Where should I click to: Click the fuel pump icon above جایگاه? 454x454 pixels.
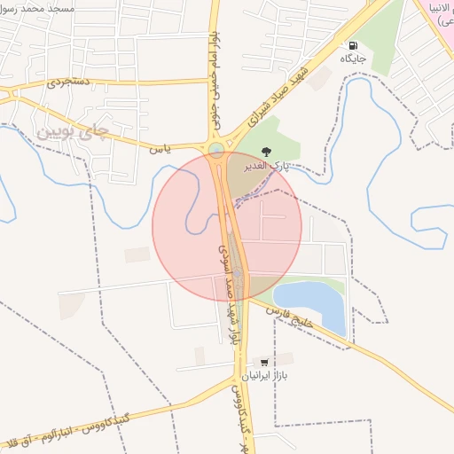(353, 46)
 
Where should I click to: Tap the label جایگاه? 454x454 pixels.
(353, 60)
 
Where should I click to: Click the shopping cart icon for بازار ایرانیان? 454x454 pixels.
(264, 362)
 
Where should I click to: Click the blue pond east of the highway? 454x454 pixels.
(310, 301)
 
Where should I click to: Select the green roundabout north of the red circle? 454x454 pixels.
(217, 149)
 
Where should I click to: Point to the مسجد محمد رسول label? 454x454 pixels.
(53, 6)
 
